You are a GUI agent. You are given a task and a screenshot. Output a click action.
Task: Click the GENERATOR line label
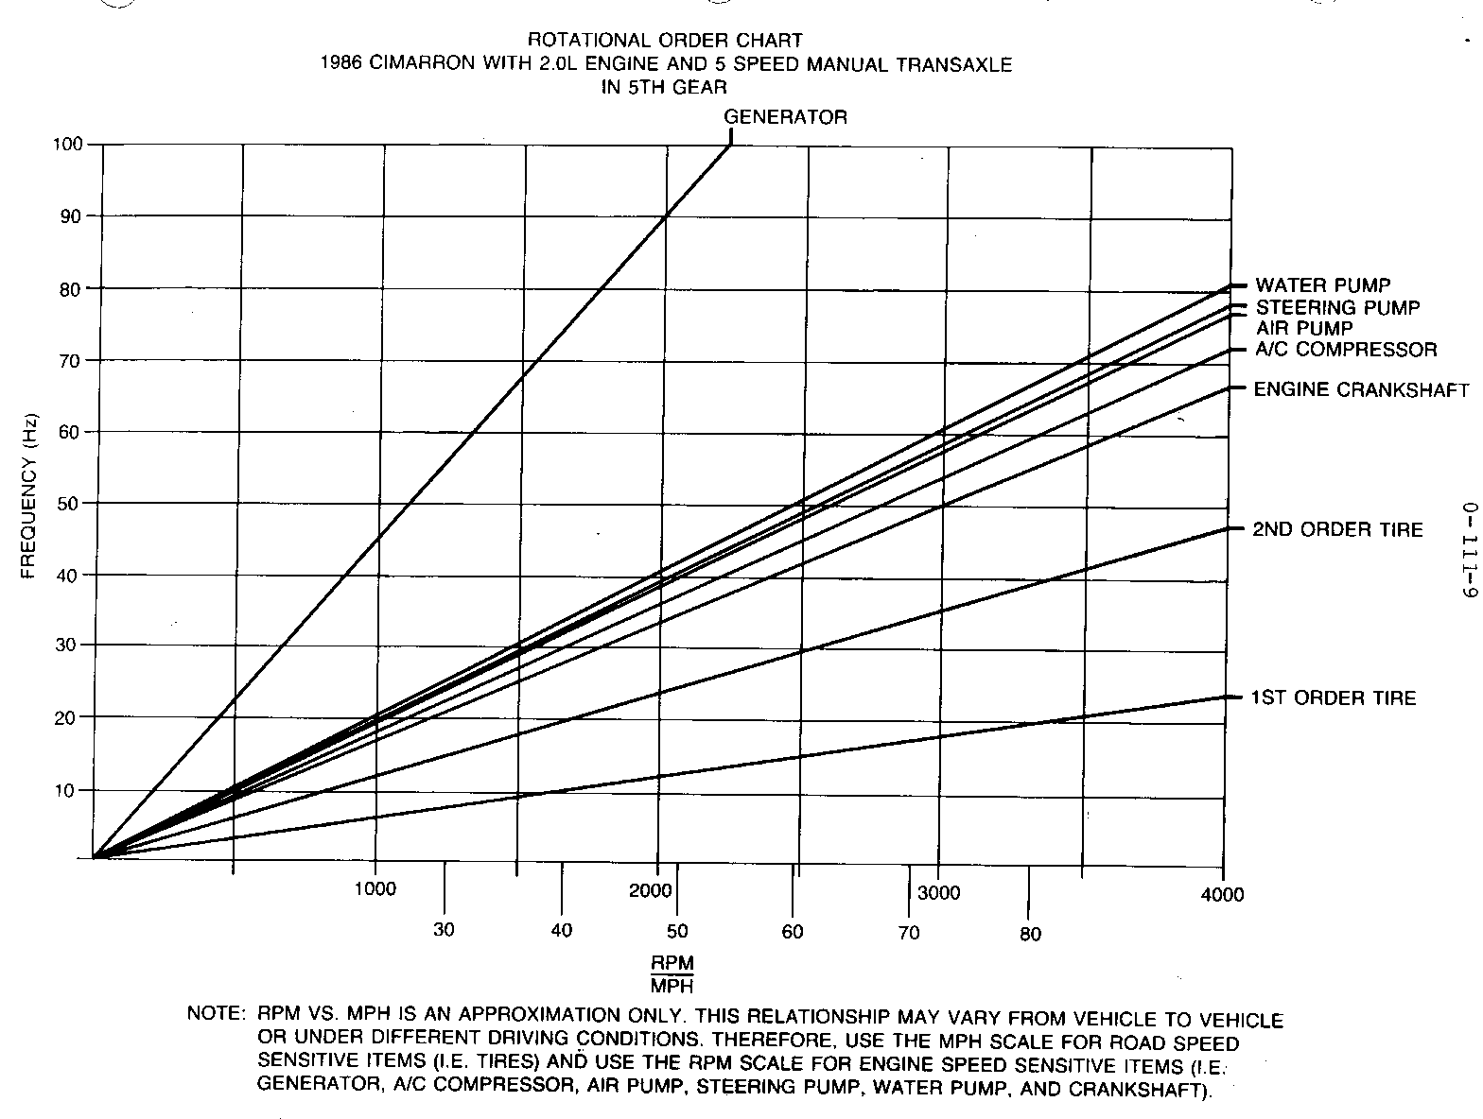coord(785,117)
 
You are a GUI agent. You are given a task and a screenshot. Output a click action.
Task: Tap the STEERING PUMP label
coord(1337,308)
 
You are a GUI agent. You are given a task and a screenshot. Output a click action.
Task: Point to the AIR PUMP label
coord(1304,329)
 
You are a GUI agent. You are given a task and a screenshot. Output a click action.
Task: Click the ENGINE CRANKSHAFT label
coord(1361,389)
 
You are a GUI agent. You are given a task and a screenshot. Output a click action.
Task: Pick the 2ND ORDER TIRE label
coord(1337,529)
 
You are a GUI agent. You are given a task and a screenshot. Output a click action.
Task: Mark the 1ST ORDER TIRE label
coord(1334,698)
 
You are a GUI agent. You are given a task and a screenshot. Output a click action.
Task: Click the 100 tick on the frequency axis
coord(71,145)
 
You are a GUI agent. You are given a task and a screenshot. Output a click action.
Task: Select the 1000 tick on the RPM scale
coord(375,889)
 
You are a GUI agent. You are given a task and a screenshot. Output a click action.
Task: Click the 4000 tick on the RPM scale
coord(1224,894)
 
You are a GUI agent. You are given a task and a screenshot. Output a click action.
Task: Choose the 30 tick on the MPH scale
coord(444,930)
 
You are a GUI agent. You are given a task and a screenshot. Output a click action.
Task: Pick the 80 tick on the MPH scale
coord(1030,934)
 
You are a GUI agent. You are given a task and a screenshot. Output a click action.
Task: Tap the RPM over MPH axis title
coord(672,974)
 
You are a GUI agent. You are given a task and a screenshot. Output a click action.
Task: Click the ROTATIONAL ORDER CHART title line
coord(665,41)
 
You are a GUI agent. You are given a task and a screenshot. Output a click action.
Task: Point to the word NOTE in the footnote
coord(216,1013)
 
